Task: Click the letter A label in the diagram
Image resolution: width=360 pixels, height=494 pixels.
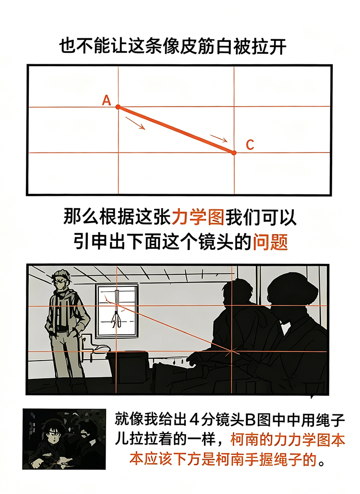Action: click(x=107, y=100)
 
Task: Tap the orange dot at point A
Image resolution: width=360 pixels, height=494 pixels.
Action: click(x=118, y=107)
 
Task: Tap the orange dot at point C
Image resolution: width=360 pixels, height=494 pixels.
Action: click(x=234, y=153)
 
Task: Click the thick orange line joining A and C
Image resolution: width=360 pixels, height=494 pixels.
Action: click(x=176, y=129)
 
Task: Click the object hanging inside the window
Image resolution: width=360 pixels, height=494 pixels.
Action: click(x=116, y=317)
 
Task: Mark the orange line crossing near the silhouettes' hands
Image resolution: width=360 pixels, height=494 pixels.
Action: click(x=234, y=352)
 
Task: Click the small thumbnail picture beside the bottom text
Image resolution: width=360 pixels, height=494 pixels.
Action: click(x=64, y=439)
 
